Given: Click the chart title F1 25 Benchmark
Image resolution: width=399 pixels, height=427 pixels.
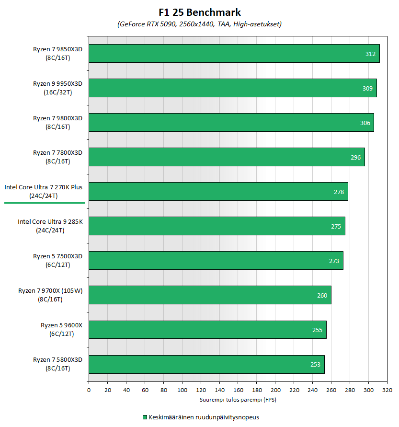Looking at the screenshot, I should tap(199, 12).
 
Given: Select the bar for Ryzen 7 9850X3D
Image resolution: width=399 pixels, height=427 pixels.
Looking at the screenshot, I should tap(234, 54).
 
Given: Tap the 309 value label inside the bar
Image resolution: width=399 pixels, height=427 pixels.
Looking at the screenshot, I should tap(367, 89).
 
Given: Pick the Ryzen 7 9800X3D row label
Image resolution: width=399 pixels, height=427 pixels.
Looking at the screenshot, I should tap(57, 122).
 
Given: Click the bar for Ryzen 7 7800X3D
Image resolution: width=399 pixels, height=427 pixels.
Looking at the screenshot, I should tap(227, 157).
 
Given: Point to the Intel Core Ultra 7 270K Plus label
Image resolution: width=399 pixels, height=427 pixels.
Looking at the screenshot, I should tap(44, 191).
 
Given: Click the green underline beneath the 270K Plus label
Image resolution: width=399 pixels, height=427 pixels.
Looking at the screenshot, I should tap(45, 203).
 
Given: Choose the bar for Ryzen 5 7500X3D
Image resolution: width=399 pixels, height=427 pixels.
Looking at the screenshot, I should tap(216, 261).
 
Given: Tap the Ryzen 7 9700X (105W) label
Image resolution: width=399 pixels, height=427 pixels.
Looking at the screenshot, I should tap(50, 295).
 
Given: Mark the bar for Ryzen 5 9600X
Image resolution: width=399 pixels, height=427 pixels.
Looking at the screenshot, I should tap(207, 330).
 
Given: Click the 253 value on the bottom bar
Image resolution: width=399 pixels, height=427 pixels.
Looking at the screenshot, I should tap(315, 365).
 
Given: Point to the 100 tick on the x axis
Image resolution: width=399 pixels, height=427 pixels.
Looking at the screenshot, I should tap(182, 391).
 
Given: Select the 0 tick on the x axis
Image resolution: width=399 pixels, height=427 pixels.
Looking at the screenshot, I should tap(89, 391).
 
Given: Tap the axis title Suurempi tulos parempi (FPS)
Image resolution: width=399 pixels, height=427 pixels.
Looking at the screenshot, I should tap(238, 399).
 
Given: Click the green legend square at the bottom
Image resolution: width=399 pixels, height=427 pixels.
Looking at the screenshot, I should tap(145, 417).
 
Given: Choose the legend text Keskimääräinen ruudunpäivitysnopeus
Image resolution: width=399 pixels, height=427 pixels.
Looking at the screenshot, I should tap(204, 417).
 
